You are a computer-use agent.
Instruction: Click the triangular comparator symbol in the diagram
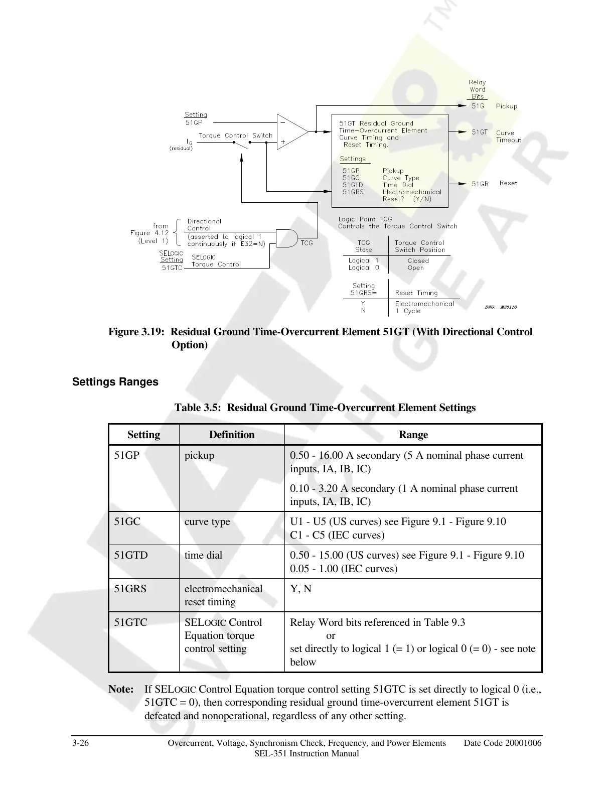tap(292, 132)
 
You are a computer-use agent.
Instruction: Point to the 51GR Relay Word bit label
tap(480, 184)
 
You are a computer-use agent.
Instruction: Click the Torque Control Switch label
tap(235, 136)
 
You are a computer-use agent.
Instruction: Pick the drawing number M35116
tap(508, 307)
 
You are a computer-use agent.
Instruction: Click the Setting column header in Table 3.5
tap(143, 435)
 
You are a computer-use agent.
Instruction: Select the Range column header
tap(413, 435)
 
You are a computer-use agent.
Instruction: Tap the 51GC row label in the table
tap(127, 521)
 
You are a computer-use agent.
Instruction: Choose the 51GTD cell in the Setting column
tap(131, 555)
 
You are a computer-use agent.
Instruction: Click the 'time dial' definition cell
tap(203, 555)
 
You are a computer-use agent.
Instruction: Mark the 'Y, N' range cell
tap(300, 589)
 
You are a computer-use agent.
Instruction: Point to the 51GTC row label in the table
tap(130, 622)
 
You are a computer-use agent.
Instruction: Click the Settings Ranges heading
tap(115, 382)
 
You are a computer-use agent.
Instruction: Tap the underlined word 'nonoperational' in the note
tap(234, 716)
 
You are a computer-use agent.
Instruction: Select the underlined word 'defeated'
tap(162, 716)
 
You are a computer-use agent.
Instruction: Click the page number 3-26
tap(81, 743)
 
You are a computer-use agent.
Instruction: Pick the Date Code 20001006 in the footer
tap(503, 743)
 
